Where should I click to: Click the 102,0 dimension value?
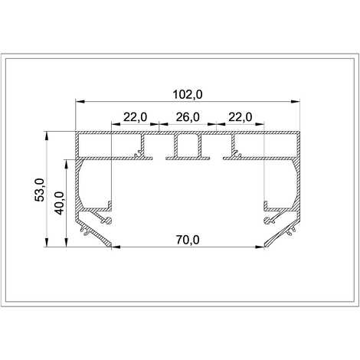pos(188,95)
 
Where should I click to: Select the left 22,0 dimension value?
pos(136,117)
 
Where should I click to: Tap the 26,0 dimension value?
pos(188,117)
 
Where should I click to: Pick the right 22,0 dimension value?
pos(241,117)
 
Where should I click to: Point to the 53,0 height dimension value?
pos(40,189)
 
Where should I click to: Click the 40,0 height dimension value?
pos(59,203)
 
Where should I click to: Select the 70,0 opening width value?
pos(188,240)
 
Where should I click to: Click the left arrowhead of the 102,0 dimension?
pos(80,102)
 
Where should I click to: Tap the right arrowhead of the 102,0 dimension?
pos(296,102)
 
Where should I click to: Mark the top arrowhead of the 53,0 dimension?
pos(47,136)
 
